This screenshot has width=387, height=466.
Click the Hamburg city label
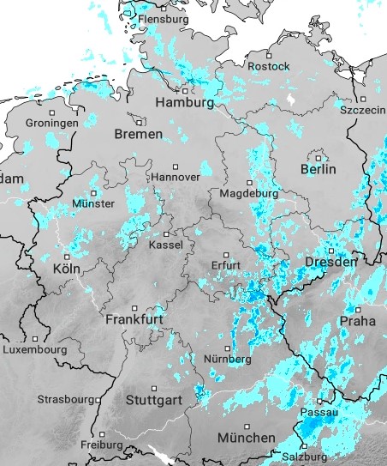(x=184, y=103)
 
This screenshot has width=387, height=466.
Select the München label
(x=246, y=438)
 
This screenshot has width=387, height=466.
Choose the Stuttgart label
(x=153, y=400)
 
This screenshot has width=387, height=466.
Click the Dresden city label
(x=330, y=261)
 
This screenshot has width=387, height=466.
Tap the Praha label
(x=357, y=320)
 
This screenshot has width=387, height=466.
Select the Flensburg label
(x=163, y=18)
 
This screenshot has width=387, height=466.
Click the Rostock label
(x=268, y=66)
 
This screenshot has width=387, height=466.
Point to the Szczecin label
(x=362, y=112)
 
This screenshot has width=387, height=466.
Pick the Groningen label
(x=52, y=123)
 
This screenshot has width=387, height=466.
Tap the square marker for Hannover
(x=176, y=166)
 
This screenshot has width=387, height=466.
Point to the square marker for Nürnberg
(x=226, y=348)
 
